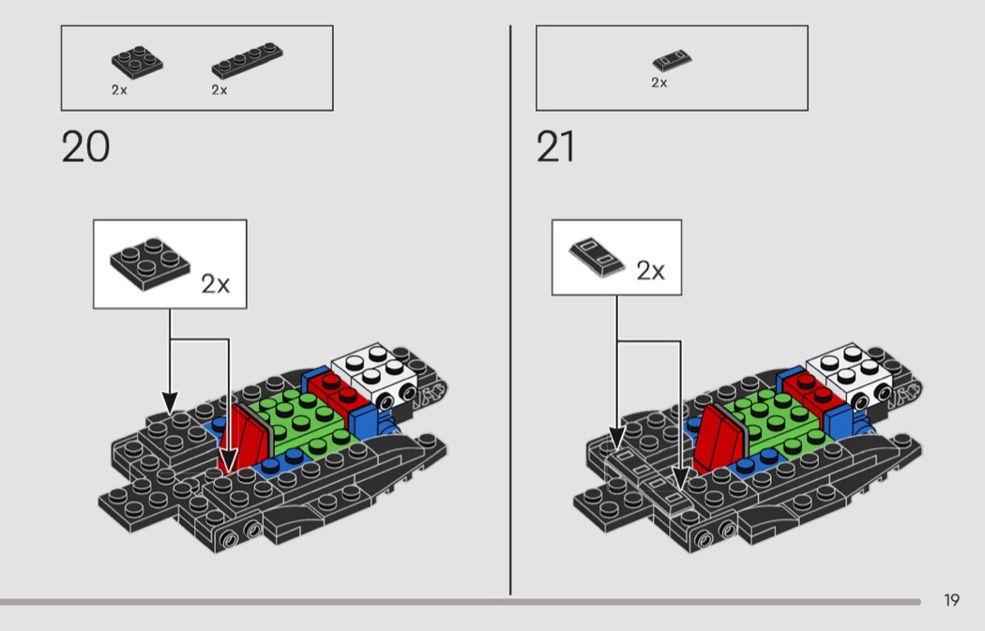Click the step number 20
85,147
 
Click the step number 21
555,147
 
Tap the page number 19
952,600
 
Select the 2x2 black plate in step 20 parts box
137,62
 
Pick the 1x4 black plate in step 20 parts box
247,60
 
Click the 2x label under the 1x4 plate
220,90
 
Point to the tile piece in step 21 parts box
672,60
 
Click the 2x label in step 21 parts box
659,83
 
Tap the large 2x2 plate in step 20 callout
149,263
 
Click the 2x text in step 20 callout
216,284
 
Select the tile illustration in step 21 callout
597,256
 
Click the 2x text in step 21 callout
650,271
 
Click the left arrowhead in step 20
170,403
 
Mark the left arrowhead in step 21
617,438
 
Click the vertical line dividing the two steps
510,310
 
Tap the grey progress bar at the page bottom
461,602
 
